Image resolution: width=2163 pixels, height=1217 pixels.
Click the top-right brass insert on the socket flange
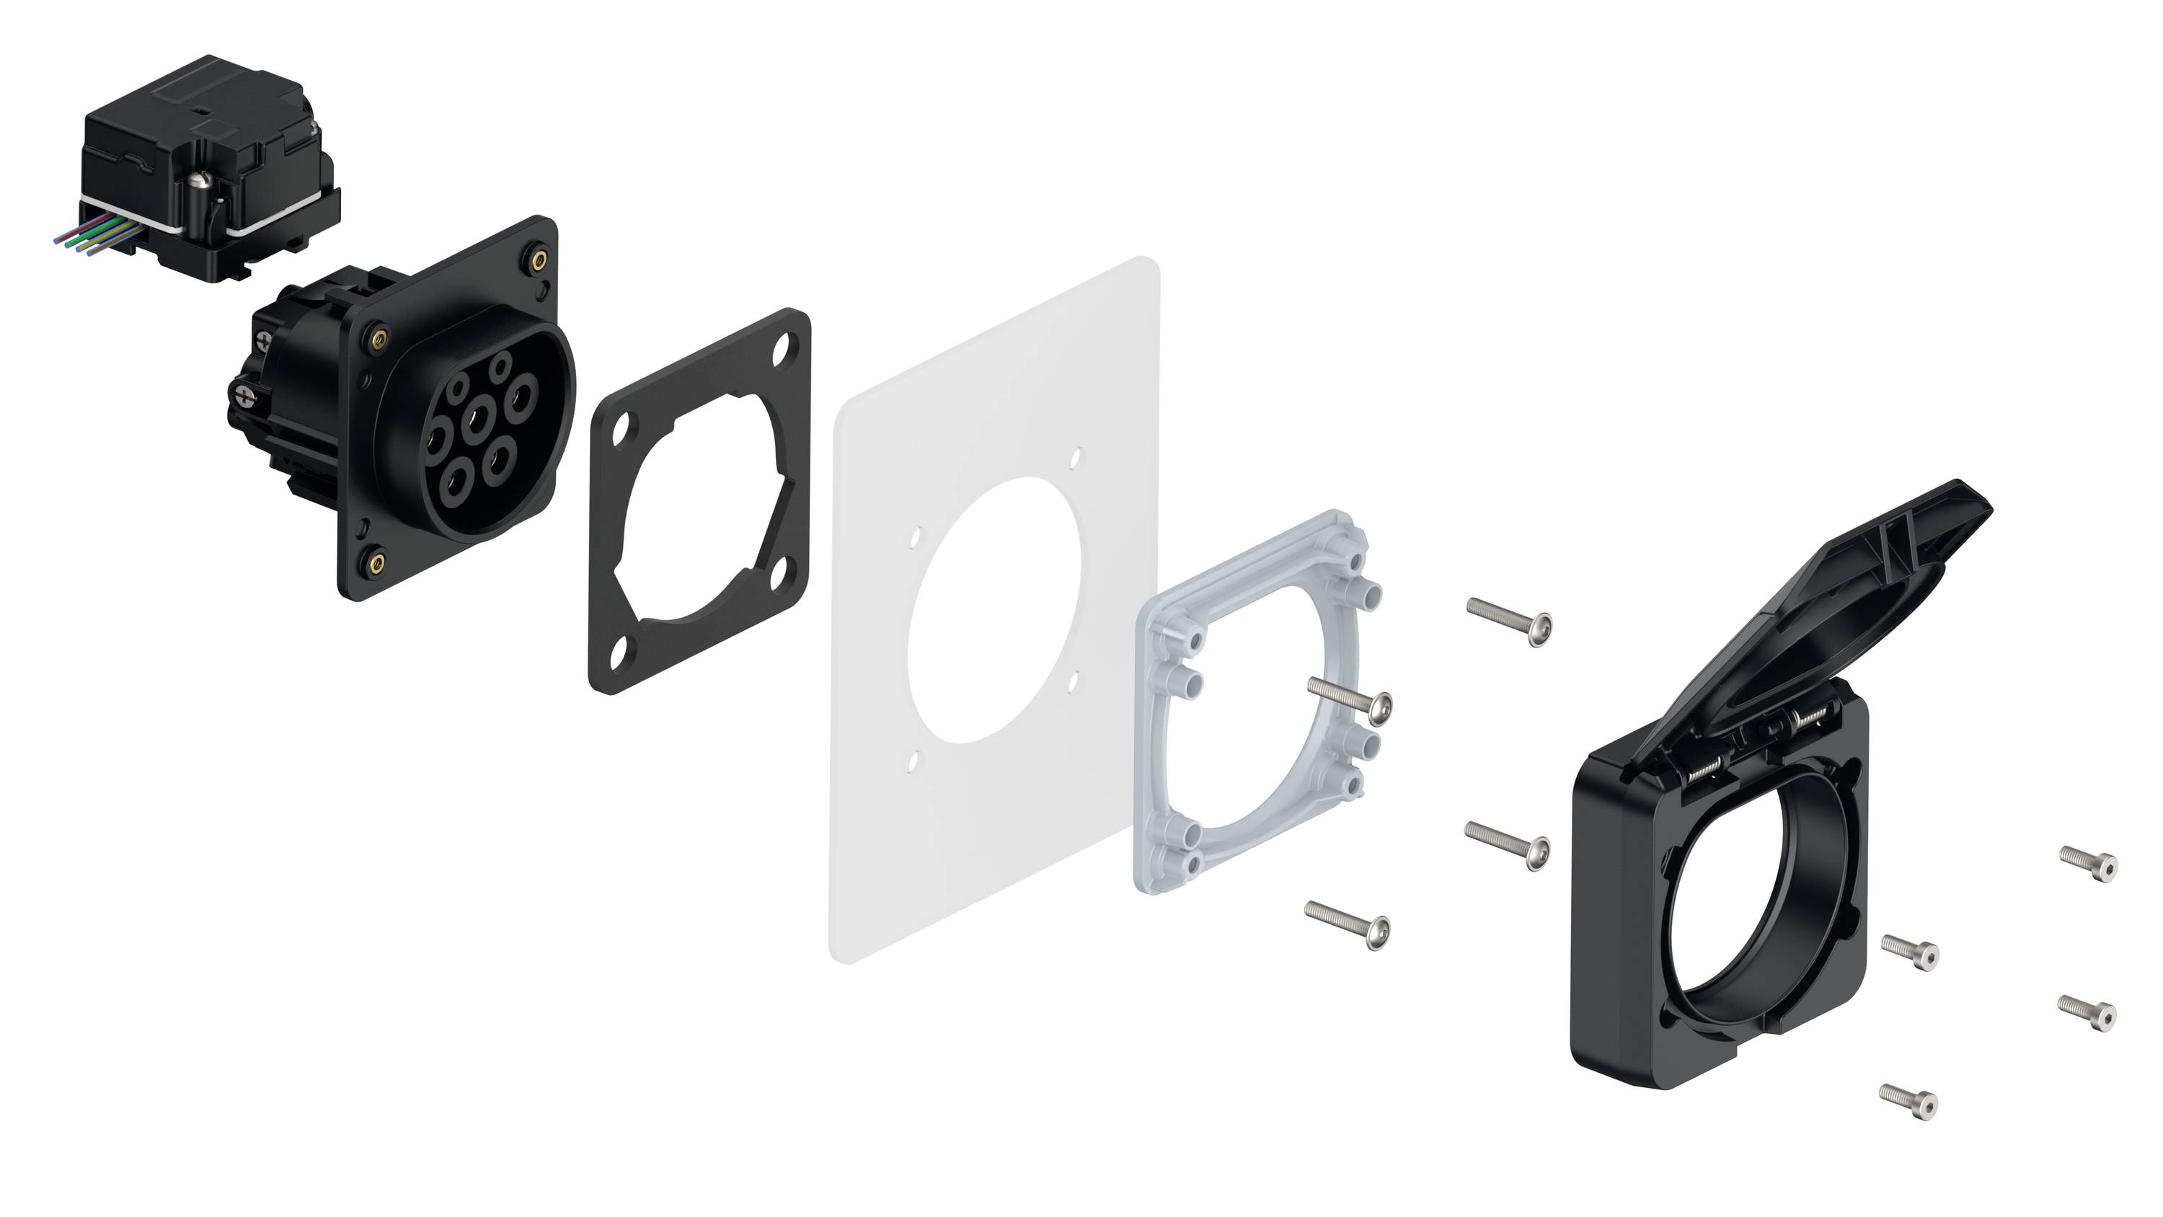[x=537, y=259]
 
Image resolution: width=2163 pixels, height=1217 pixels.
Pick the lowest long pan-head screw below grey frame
[x=1347, y=924]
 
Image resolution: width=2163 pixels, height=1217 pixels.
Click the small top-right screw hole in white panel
[x=1076, y=458]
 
